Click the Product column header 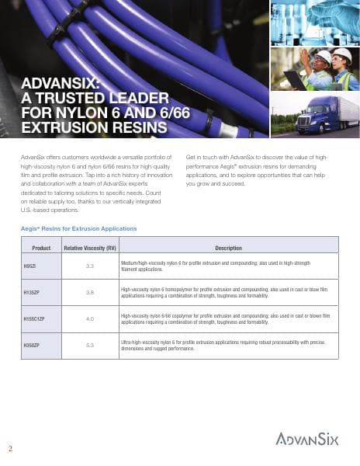[x=41, y=248]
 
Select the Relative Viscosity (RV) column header [x=89, y=248]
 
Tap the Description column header [x=228, y=248]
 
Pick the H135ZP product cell [x=32, y=292]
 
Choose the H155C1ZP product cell [x=35, y=318]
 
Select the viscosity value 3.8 [x=89, y=292]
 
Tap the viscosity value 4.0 [x=89, y=318]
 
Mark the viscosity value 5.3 [x=89, y=344]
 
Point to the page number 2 [x=10, y=448]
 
